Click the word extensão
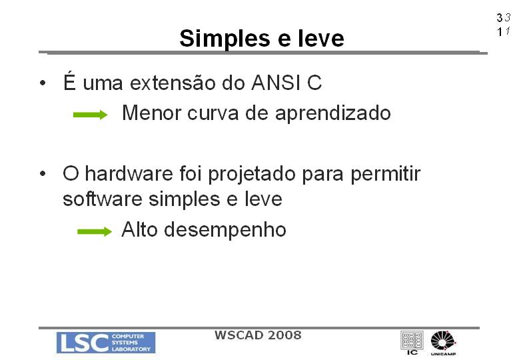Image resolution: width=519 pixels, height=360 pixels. pyautogui.click(x=173, y=83)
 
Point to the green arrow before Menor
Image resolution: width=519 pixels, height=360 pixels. pyautogui.click(x=91, y=115)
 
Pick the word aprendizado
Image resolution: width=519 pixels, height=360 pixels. pyautogui.click(x=333, y=114)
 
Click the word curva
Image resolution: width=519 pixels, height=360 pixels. pyautogui.click(x=213, y=113)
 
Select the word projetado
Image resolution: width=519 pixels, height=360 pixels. pyautogui.click(x=252, y=175)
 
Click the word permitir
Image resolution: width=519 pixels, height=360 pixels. pyautogui.click(x=386, y=174)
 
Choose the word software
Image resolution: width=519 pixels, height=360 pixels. pyautogui.click(x=103, y=199)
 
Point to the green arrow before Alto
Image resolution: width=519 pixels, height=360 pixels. pyautogui.click(x=95, y=231)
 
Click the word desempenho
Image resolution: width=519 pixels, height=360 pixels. pyautogui.click(x=225, y=230)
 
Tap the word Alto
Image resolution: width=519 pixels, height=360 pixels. pyautogui.click(x=139, y=229)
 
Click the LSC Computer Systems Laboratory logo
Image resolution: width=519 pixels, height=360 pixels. pyautogui.click(x=106, y=343)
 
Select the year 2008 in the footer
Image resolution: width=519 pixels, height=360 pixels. pyautogui.click(x=284, y=335)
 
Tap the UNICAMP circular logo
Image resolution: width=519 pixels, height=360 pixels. pyautogui.click(x=444, y=343)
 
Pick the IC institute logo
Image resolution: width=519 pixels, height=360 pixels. pyautogui.click(x=412, y=343)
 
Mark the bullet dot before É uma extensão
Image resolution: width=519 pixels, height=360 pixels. pyautogui.click(x=43, y=83)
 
